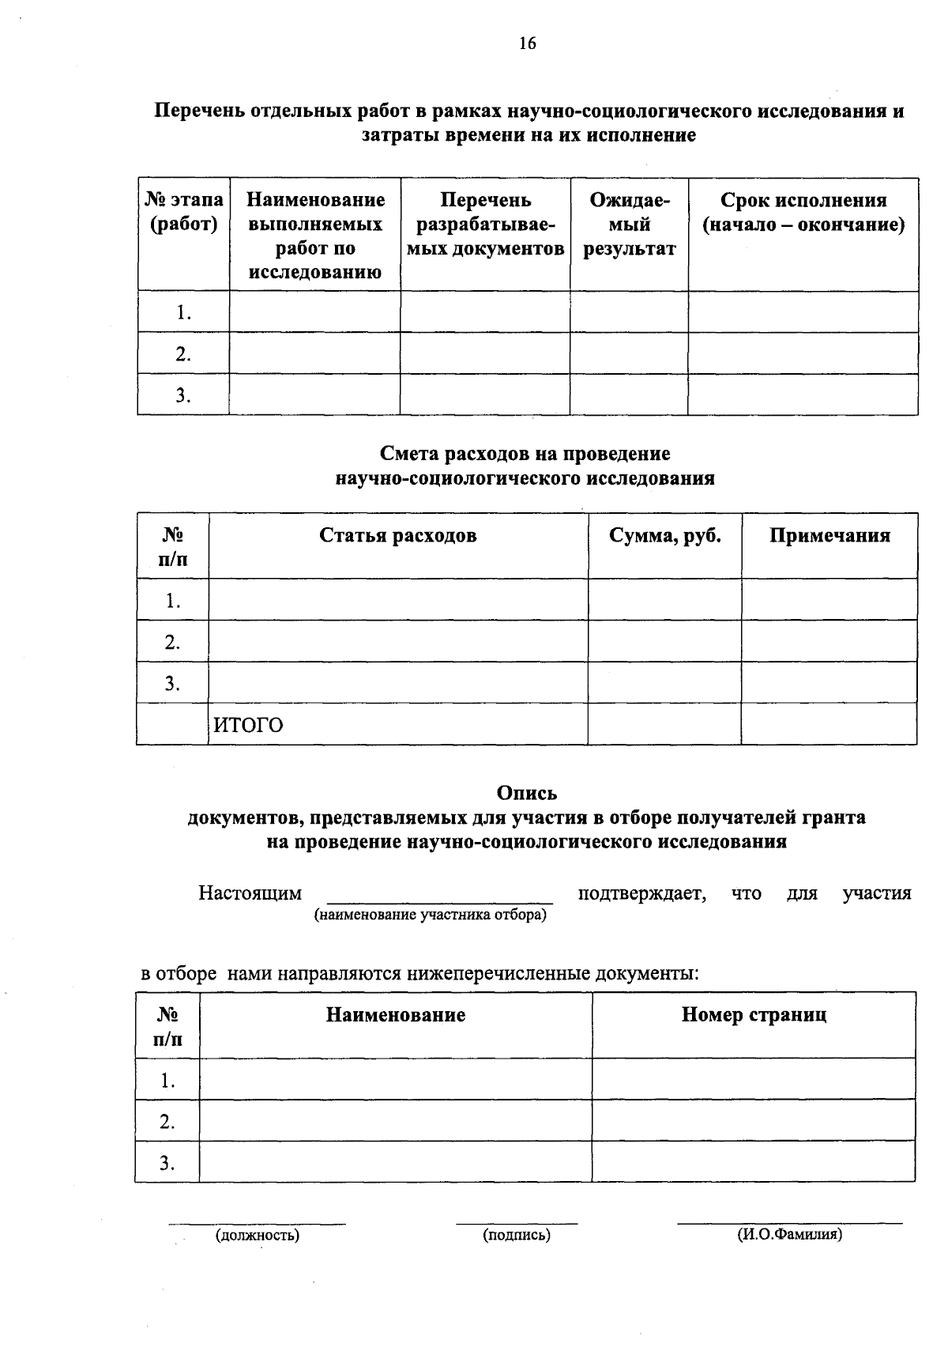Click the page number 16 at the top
(528, 43)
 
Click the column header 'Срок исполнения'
(803, 201)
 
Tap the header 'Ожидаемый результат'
(630, 225)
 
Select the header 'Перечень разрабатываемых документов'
(486, 225)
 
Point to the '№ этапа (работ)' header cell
(184, 213)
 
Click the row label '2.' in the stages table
(183, 354)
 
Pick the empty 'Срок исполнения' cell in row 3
(803, 394)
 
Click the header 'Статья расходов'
(398, 535)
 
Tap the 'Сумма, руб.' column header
(665, 535)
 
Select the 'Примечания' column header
(829, 535)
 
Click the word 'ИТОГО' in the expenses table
(248, 725)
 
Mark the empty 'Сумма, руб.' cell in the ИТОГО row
(664, 724)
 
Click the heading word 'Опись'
(526, 792)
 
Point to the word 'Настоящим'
(250, 893)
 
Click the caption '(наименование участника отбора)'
(431, 915)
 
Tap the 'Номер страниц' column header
(754, 1014)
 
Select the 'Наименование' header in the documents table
(396, 1014)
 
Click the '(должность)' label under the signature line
(258, 1234)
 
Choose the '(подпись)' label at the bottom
(517, 1234)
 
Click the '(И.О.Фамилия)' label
(789, 1233)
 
